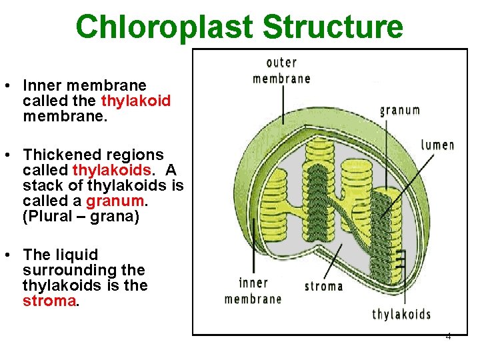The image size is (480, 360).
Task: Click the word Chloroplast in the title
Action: click(x=165, y=27)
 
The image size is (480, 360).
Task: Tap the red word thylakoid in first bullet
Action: click(x=136, y=101)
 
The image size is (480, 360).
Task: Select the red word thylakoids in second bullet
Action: click(x=111, y=169)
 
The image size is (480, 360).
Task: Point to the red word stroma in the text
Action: click(x=49, y=301)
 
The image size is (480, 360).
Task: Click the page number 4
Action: click(x=448, y=336)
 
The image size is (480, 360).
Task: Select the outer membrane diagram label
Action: click(x=281, y=71)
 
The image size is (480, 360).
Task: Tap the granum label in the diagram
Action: click(x=400, y=110)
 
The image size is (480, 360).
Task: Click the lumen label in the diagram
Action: click(x=437, y=145)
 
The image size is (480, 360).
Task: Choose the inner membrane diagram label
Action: click(x=253, y=291)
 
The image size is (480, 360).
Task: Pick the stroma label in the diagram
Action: click(x=323, y=286)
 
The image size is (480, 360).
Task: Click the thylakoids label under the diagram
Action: click(x=401, y=314)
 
